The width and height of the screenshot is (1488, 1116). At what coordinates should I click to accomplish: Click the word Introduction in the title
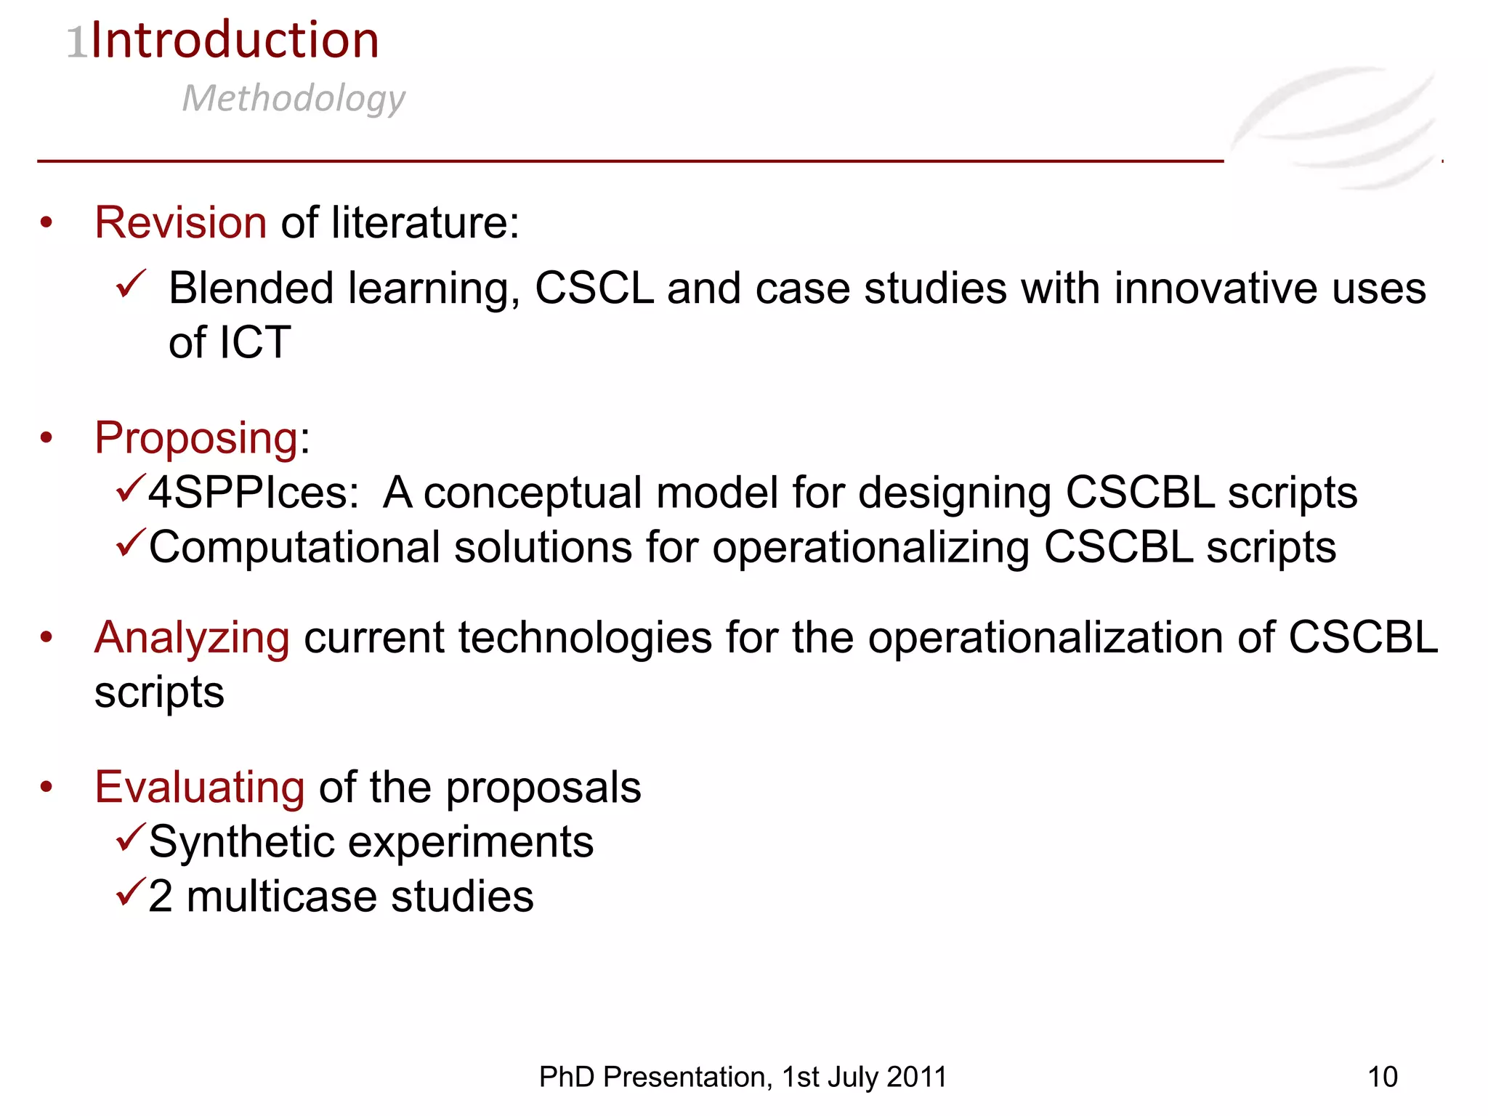click(235, 40)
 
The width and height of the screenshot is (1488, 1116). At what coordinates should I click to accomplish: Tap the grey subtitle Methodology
click(294, 98)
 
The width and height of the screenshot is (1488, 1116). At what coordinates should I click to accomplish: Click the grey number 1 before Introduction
click(76, 42)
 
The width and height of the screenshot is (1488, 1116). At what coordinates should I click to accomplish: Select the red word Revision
click(181, 222)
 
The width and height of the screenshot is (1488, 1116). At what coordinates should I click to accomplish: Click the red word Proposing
click(196, 438)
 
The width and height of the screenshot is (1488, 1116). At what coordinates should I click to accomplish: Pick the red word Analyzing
click(193, 638)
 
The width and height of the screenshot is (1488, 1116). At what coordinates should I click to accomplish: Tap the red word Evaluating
click(200, 788)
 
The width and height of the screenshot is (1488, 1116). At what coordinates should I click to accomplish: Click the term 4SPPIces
click(252, 493)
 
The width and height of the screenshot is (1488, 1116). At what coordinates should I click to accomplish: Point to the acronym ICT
click(254, 342)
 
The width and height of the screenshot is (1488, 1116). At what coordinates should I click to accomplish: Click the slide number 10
click(1382, 1077)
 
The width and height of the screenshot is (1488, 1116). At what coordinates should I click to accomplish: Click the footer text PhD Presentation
click(653, 1077)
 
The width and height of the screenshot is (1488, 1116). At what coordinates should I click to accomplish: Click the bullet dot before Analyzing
click(47, 638)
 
